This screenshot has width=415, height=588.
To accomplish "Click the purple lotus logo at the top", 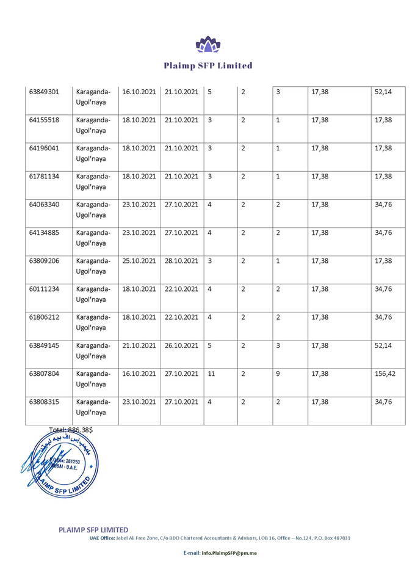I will click(x=207, y=44).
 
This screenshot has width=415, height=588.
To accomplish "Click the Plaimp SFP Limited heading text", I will click(x=208, y=65).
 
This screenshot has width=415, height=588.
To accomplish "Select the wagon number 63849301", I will click(x=45, y=92).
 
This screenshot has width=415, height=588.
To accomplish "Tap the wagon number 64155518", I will click(x=45, y=120).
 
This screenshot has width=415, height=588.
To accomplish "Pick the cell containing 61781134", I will click(x=45, y=176).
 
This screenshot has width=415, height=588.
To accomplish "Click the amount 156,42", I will click(x=385, y=373).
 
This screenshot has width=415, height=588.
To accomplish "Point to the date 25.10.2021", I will click(x=139, y=260).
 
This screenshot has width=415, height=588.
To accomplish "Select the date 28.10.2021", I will click(x=181, y=260).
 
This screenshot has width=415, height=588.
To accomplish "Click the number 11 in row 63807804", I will click(x=211, y=373).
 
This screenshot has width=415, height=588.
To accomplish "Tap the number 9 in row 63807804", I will click(x=278, y=373).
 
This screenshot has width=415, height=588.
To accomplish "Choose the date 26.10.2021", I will click(x=181, y=345).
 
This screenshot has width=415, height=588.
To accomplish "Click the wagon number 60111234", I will click(x=45, y=288).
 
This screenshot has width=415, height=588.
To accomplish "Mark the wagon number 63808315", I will click(x=45, y=401).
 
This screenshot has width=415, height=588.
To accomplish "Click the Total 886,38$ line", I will click(x=71, y=430).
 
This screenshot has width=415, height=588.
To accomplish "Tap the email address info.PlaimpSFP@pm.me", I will click(x=220, y=553).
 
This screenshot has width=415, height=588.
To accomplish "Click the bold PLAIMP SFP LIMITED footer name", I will click(x=93, y=529).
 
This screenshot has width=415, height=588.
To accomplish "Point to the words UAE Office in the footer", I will click(x=102, y=538).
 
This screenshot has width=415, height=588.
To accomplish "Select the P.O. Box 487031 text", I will click(x=333, y=538).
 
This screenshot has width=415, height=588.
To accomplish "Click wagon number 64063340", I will click(x=45, y=204).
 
